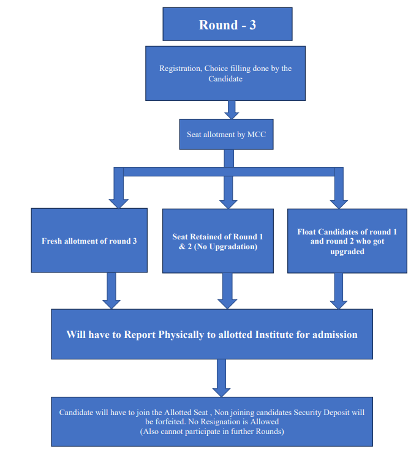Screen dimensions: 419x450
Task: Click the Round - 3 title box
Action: point(227,24)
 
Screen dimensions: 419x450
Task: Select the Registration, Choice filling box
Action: point(225,73)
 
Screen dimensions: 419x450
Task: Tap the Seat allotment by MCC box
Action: point(226,134)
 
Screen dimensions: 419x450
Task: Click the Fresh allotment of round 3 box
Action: point(89,241)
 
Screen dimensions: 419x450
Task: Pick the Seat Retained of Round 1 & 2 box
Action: point(218,241)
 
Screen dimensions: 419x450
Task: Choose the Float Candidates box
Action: point(347,241)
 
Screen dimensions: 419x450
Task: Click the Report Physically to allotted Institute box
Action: point(212,334)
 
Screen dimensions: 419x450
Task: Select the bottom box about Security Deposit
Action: point(212,422)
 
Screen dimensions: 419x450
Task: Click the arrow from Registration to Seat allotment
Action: point(232,110)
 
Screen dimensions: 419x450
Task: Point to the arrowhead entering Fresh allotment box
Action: point(119,204)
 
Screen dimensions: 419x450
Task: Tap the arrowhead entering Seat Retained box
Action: point(228,204)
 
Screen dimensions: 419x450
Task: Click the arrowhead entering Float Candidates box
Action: point(339,204)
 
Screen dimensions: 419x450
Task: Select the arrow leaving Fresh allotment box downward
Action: point(111,291)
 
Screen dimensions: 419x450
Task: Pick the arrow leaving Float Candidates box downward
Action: point(339,291)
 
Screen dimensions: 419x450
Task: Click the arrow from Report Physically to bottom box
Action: point(221,378)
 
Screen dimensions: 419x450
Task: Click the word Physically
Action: point(181,335)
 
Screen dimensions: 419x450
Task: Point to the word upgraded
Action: point(347,252)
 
